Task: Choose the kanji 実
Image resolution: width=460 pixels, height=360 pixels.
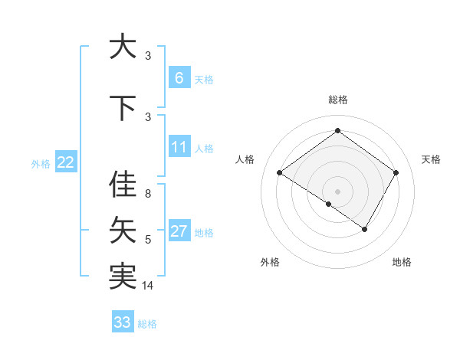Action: (x=123, y=275)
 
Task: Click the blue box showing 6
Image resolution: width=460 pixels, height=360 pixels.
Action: (x=179, y=78)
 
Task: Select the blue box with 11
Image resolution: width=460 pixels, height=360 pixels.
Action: (x=179, y=147)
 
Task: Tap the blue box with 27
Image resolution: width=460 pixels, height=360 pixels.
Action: (x=179, y=231)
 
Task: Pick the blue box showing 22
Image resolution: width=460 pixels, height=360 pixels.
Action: (x=66, y=162)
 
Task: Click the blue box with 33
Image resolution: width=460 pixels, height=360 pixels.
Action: (x=122, y=322)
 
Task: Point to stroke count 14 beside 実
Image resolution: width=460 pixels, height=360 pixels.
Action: (x=149, y=286)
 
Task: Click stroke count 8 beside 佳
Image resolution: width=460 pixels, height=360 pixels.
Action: (x=148, y=194)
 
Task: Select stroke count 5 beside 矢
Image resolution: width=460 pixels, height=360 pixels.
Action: (x=148, y=240)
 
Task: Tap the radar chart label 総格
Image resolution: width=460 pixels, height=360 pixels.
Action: (x=337, y=100)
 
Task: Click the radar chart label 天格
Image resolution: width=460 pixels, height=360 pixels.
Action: (x=431, y=159)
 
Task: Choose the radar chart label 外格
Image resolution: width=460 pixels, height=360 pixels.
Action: (x=270, y=262)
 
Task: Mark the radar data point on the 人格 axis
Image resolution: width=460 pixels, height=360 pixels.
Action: (x=280, y=173)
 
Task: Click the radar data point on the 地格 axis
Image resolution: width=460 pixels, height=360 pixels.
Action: (x=365, y=229)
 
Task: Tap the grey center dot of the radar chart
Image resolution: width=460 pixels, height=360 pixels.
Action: (x=337, y=191)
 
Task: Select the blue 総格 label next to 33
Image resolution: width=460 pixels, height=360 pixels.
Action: (x=147, y=324)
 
